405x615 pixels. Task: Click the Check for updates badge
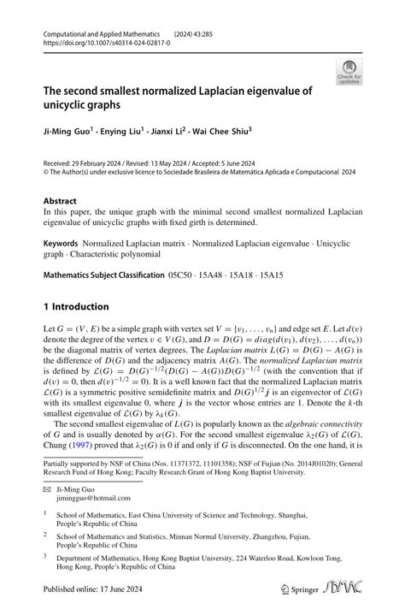[x=349, y=73]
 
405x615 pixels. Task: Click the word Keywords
[x=61, y=245]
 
